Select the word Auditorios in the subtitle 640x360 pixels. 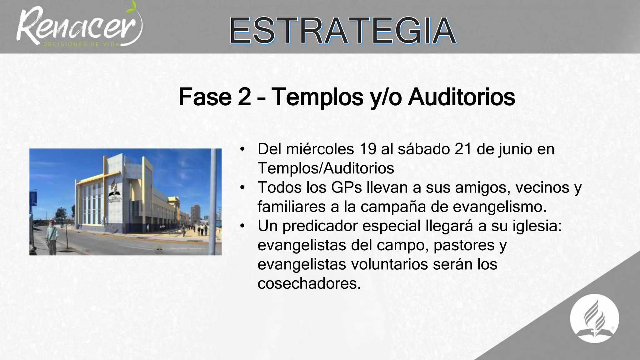tap(462, 97)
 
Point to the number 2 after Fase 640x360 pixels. tap(244, 97)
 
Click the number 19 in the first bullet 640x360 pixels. tap(367, 149)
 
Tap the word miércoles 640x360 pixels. tap(320, 149)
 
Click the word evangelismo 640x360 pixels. tap(500, 207)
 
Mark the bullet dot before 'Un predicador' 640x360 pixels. tap(242, 226)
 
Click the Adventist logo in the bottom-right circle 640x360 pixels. tap(594, 319)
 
